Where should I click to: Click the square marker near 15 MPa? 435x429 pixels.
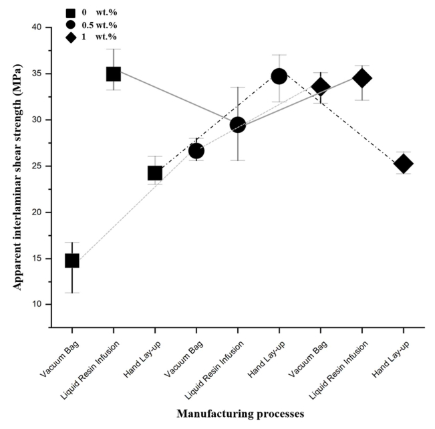coord(72,261)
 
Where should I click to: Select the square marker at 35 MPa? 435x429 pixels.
coord(114,74)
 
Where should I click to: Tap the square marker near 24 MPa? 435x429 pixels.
coord(155,174)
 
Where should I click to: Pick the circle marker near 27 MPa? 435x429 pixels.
coord(196,151)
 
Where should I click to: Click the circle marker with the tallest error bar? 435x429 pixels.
coord(238,124)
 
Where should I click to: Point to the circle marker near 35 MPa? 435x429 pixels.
coord(279,76)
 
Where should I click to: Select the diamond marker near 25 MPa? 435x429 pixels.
coord(403,164)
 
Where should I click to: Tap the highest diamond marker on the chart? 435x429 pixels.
coord(361,78)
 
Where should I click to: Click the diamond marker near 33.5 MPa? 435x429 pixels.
coord(321,88)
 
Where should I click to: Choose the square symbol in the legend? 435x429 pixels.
coord(70,11)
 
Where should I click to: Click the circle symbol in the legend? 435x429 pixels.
coord(70,24)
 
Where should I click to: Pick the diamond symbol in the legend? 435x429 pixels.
coord(70,37)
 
